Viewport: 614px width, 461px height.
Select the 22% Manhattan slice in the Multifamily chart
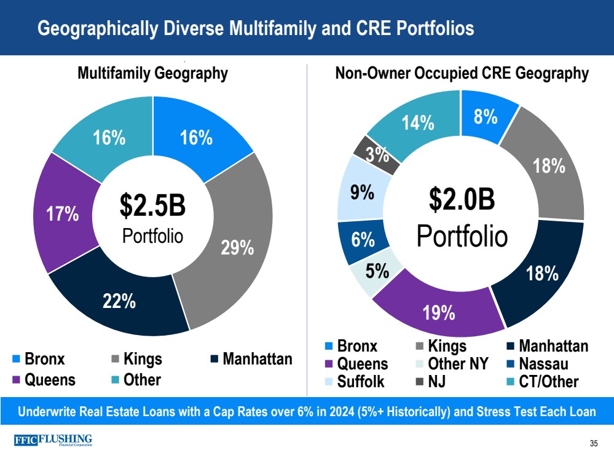[120, 301]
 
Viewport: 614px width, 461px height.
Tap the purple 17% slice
[63, 214]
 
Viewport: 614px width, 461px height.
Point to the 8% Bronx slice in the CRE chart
[486, 117]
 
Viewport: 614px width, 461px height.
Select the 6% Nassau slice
[362, 240]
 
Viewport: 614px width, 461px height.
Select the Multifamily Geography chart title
[152, 74]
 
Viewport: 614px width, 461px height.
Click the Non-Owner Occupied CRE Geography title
[462, 74]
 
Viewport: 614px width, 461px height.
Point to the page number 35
[593, 444]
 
